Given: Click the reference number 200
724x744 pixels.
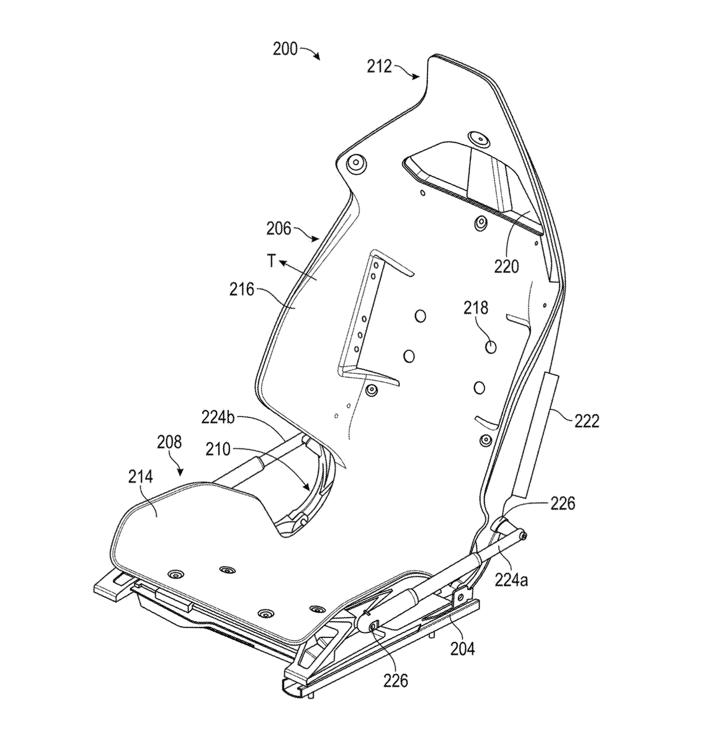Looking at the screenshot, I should click(285, 50).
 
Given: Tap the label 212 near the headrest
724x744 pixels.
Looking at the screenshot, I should click(379, 66).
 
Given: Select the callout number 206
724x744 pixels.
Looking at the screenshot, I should click(279, 229).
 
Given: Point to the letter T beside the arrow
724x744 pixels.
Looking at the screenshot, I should click(271, 262).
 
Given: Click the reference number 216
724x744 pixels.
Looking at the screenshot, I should click(242, 290).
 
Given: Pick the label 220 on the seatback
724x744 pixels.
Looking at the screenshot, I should click(506, 267).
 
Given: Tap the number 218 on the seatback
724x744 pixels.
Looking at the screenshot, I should click(476, 308).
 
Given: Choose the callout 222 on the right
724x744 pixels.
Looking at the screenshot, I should click(586, 421).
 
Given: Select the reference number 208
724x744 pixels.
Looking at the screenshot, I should click(169, 442).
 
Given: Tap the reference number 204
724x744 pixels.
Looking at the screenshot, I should click(463, 649).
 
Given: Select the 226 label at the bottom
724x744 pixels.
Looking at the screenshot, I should click(396, 680).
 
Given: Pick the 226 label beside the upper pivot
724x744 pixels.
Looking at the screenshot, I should click(563, 503).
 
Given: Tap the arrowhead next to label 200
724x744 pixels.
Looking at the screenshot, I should click(317, 57).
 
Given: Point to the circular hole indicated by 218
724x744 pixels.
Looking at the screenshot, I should click(491, 347).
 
